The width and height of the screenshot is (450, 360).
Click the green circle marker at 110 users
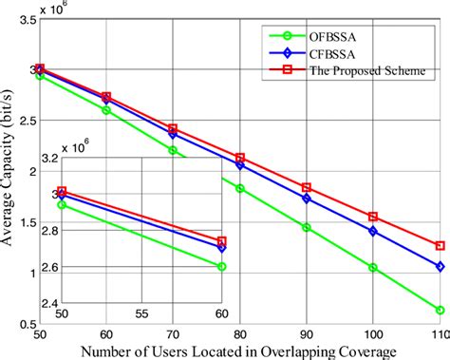pos(440,309)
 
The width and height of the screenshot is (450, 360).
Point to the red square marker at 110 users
pos(440,245)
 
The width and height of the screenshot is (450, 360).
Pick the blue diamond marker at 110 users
pos(440,267)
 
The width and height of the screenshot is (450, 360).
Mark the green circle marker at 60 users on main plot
pos(106,110)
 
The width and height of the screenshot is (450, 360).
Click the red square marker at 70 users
pos(173,128)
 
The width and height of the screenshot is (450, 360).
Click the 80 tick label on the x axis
pos(239,335)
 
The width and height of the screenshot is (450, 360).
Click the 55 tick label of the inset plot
pos(141,313)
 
